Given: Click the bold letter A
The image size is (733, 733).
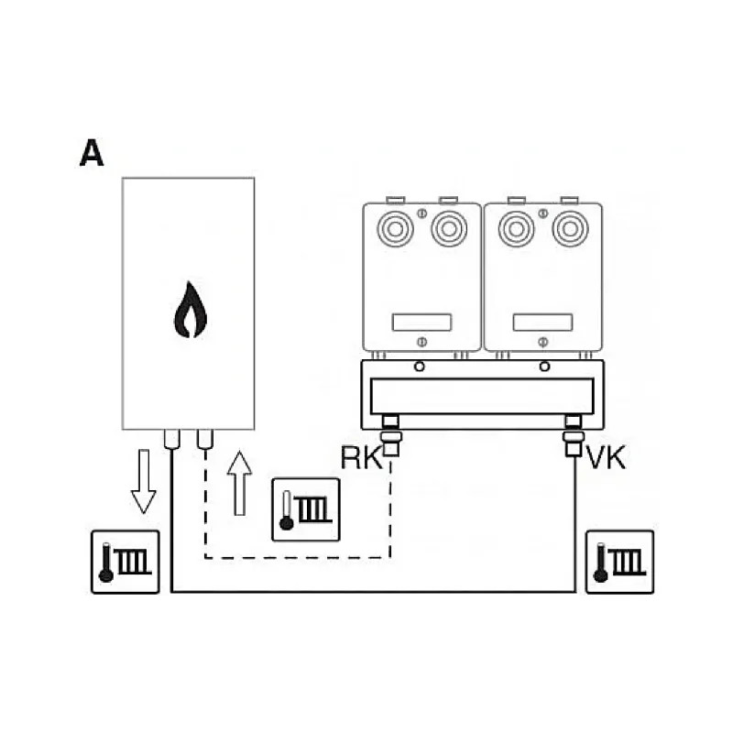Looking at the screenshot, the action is [x=92, y=152].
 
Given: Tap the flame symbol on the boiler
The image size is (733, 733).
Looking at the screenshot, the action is [x=191, y=310].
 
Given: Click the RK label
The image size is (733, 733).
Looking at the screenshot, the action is [x=361, y=457].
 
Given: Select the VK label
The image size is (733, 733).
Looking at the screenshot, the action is [x=606, y=457].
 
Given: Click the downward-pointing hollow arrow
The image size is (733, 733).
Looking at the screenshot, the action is [x=144, y=482].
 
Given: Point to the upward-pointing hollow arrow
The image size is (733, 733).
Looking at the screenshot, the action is [x=239, y=484].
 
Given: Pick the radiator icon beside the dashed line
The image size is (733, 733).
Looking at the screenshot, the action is [x=306, y=509].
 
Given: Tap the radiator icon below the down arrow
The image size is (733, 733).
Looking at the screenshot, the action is [x=126, y=562].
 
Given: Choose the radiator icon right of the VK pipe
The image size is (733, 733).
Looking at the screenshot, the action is [x=620, y=562].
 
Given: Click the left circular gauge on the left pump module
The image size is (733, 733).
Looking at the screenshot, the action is [x=395, y=229].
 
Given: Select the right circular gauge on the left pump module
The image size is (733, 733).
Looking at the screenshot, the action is [x=449, y=229].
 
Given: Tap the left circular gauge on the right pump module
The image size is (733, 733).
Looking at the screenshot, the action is [x=516, y=229].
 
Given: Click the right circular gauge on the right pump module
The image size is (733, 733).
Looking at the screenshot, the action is [x=570, y=229].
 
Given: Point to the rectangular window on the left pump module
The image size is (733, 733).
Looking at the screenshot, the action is [x=421, y=323].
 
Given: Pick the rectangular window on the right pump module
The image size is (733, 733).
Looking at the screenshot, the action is [x=542, y=323].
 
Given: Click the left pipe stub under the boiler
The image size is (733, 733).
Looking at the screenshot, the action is [x=172, y=440].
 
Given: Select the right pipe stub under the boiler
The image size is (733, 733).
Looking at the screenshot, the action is [x=205, y=440].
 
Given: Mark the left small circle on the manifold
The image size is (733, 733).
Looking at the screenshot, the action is [x=420, y=366].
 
